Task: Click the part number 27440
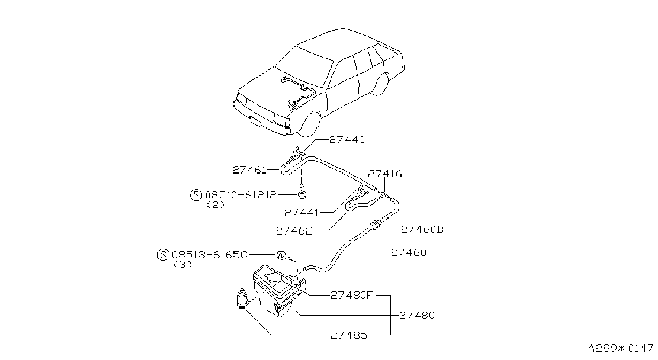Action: click(x=346, y=140)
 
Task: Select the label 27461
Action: click(x=249, y=170)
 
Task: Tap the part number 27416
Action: click(x=384, y=174)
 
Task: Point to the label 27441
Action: click(x=301, y=213)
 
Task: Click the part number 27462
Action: click(x=294, y=231)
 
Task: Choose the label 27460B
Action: click(x=422, y=229)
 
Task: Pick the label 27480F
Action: click(x=352, y=295)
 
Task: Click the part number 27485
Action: click(x=349, y=335)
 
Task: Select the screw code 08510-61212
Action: click(x=241, y=195)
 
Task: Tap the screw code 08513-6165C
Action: click(x=210, y=255)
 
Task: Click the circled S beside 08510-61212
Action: click(x=196, y=195)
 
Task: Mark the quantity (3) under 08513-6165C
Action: click(x=183, y=265)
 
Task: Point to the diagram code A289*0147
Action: click(x=621, y=348)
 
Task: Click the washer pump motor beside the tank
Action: click(x=242, y=298)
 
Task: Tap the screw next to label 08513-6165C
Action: click(x=284, y=256)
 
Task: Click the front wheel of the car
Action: click(x=309, y=124)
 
